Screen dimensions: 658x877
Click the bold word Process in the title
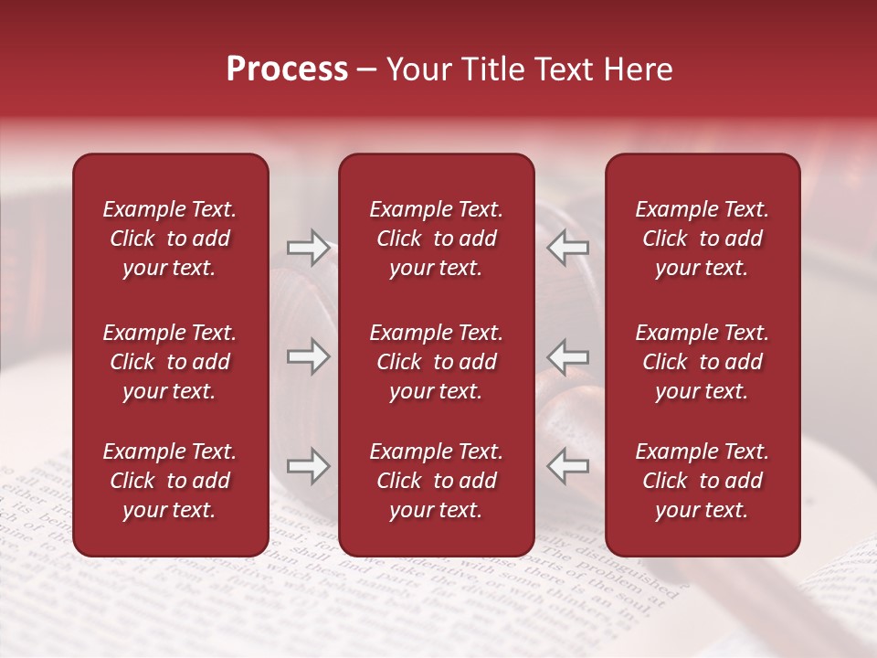point(287,69)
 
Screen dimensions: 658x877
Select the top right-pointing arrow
point(308,248)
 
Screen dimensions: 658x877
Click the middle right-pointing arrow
point(308,356)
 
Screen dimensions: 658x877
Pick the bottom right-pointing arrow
point(308,467)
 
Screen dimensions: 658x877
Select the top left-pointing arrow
point(568,248)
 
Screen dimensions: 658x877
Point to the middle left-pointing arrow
point(568,356)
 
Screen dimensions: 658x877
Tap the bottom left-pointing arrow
point(568,467)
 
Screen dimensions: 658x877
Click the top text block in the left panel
point(170,239)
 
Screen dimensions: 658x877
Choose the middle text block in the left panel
point(170,362)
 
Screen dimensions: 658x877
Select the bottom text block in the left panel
point(170,481)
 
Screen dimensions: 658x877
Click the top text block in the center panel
point(437,239)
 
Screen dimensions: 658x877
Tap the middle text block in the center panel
point(437,362)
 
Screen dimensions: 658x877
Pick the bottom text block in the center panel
point(437,481)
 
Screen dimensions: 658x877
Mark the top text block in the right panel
point(703,239)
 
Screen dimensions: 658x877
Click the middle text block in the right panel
point(703,362)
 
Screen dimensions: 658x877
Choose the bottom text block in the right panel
point(703,481)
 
